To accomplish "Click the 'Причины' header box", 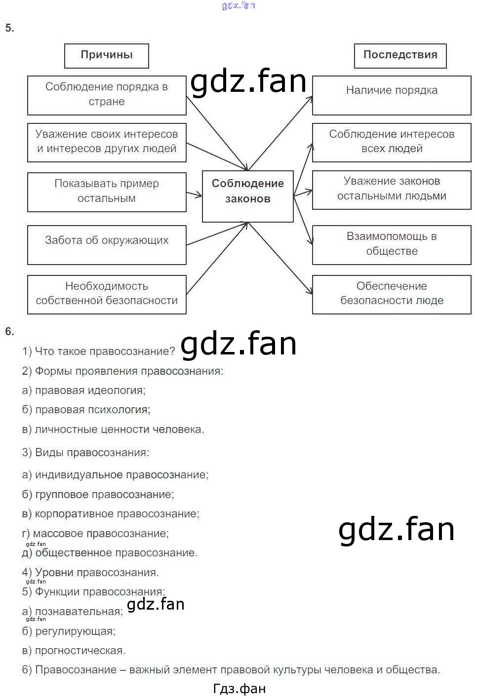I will click(x=106, y=55).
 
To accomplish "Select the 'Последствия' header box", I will click(x=400, y=55).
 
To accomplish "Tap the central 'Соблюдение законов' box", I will click(x=247, y=196).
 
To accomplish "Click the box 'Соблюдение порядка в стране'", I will click(x=107, y=95).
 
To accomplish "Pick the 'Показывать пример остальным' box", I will click(x=107, y=192).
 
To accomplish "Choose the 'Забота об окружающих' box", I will click(x=107, y=244).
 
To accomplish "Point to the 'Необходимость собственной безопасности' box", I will click(x=107, y=294).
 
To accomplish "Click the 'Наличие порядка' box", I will click(x=392, y=95).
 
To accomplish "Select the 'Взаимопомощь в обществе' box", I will click(x=392, y=244).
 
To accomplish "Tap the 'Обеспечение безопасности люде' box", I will click(x=392, y=294).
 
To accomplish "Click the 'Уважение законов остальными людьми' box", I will click(x=392, y=190).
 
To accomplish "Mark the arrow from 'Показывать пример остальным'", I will click(x=194, y=194).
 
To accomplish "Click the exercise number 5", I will click(x=9, y=28).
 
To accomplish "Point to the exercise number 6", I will click(x=9, y=332).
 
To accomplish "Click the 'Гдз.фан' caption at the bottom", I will click(x=239, y=689).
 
